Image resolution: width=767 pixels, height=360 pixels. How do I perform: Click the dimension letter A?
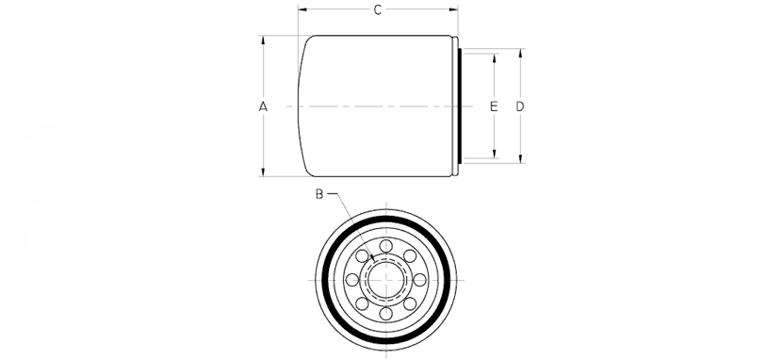coord(263,106)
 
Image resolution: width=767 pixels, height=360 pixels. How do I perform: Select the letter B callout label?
coord(319,194)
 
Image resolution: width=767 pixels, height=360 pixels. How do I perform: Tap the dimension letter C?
coord(378,9)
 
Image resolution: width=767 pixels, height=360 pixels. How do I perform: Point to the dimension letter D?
coord(520,106)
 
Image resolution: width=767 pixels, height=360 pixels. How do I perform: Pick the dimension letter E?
coord(494,106)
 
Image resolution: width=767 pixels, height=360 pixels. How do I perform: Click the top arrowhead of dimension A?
coord(263,41)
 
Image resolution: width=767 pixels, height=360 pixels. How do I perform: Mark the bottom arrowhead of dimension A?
coord(263,172)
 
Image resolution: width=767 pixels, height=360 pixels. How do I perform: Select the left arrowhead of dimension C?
coord(302,8)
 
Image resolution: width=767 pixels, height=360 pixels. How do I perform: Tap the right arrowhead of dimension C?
coord(453,8)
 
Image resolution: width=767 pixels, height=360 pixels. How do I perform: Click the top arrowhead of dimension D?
coord(520,54)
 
